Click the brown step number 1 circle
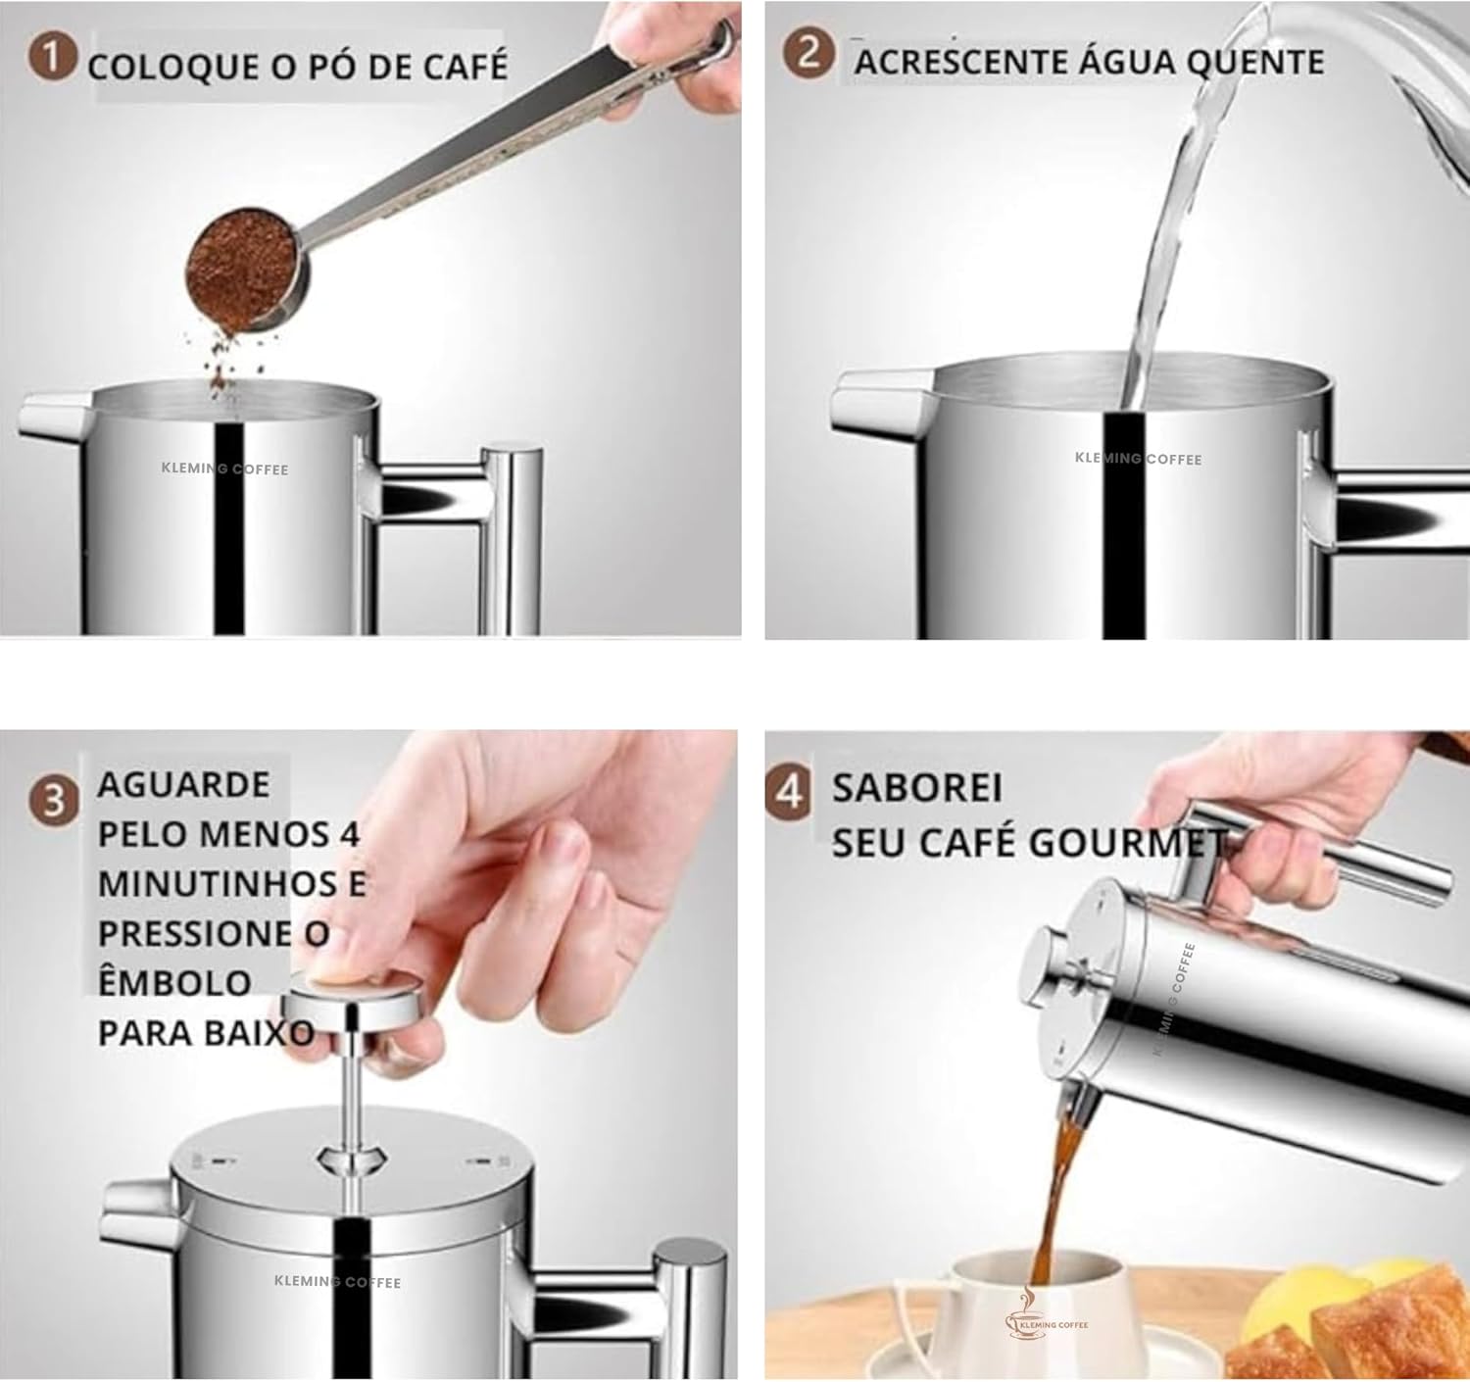[53, 58]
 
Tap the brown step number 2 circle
[808, 53]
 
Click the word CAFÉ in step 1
[465, 65]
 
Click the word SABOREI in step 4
[917, 788]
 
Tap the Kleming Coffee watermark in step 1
[225, 469]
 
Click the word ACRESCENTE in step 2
[959, 62]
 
